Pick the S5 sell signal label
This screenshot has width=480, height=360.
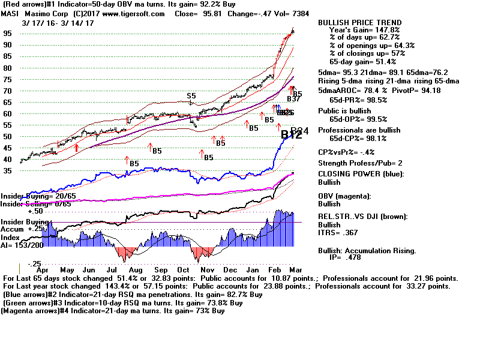point(191,96)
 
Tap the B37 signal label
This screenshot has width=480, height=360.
point(293,99)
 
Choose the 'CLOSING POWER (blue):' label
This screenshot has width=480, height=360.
point(361,174)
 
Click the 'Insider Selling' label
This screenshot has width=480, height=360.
point(24,204)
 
